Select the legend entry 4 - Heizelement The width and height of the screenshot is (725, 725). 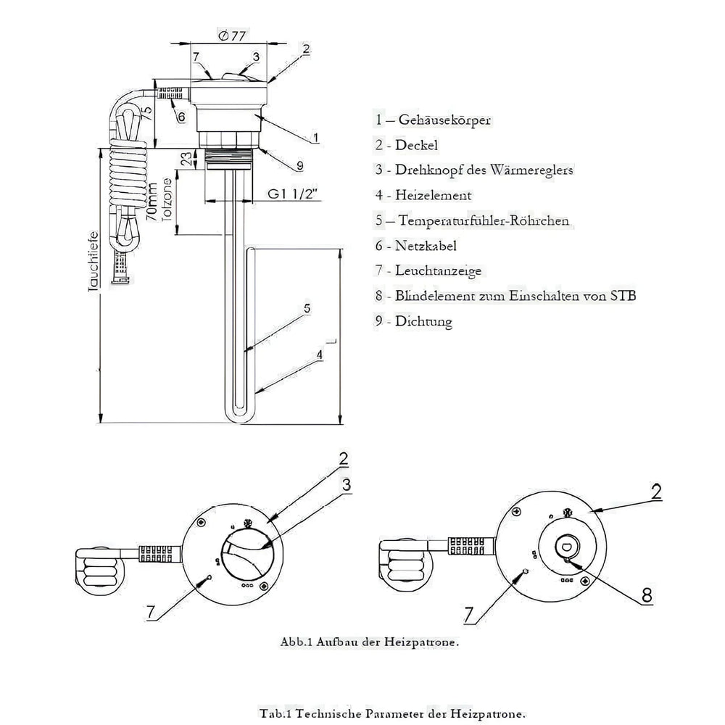(x=423, y=195)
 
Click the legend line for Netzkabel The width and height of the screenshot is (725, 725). (x=416, y=246)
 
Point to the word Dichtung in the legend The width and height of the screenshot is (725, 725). (x=423, y=321)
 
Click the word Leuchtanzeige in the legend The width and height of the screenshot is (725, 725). (x=438, y=270)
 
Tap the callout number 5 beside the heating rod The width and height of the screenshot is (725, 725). (x=307, y=308)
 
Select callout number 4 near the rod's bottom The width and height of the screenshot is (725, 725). (x=318, y=355)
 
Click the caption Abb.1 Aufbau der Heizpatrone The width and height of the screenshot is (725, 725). (x=370, y=642)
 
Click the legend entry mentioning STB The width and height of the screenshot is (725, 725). (x=506, y=296)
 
